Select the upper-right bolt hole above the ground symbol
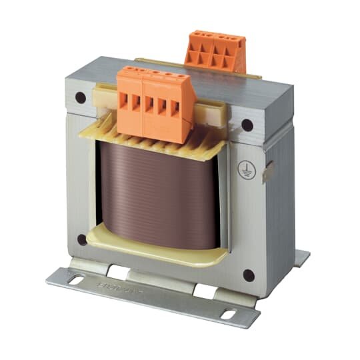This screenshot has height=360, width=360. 247,124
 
